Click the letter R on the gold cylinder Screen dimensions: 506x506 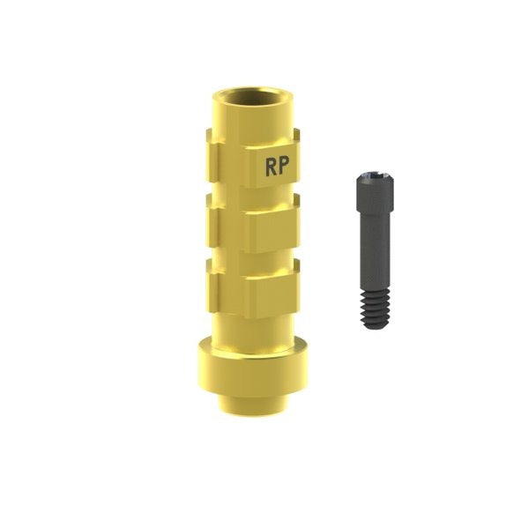(x=271, y=167)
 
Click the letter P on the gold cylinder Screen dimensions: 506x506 (x=283, y=166)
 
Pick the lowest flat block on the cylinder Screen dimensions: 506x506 (x=272, y=295)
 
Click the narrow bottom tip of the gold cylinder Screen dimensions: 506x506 (x=253, y=406)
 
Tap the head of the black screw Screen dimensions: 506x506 (x=375, y=193)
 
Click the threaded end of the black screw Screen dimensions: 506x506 (x=376, y=309)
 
